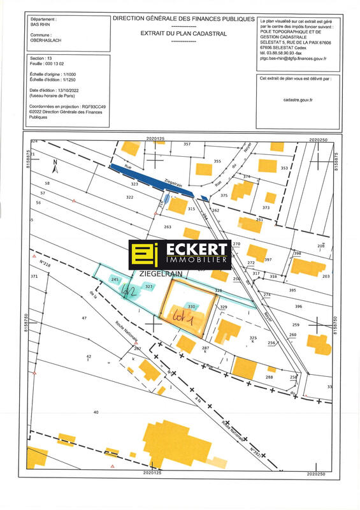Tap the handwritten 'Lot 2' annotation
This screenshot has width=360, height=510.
[131, 291]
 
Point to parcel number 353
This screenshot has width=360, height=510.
[284, 168]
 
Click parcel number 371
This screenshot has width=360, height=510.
[34, 276]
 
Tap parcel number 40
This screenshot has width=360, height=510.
[96, 413]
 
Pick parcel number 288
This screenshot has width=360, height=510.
[269, 377]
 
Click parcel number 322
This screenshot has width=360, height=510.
[130, 198]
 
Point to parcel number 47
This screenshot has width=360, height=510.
[83, 317]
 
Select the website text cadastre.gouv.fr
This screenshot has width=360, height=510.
[298, 99]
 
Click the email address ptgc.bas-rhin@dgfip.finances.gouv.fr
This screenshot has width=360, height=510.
[294, 59]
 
